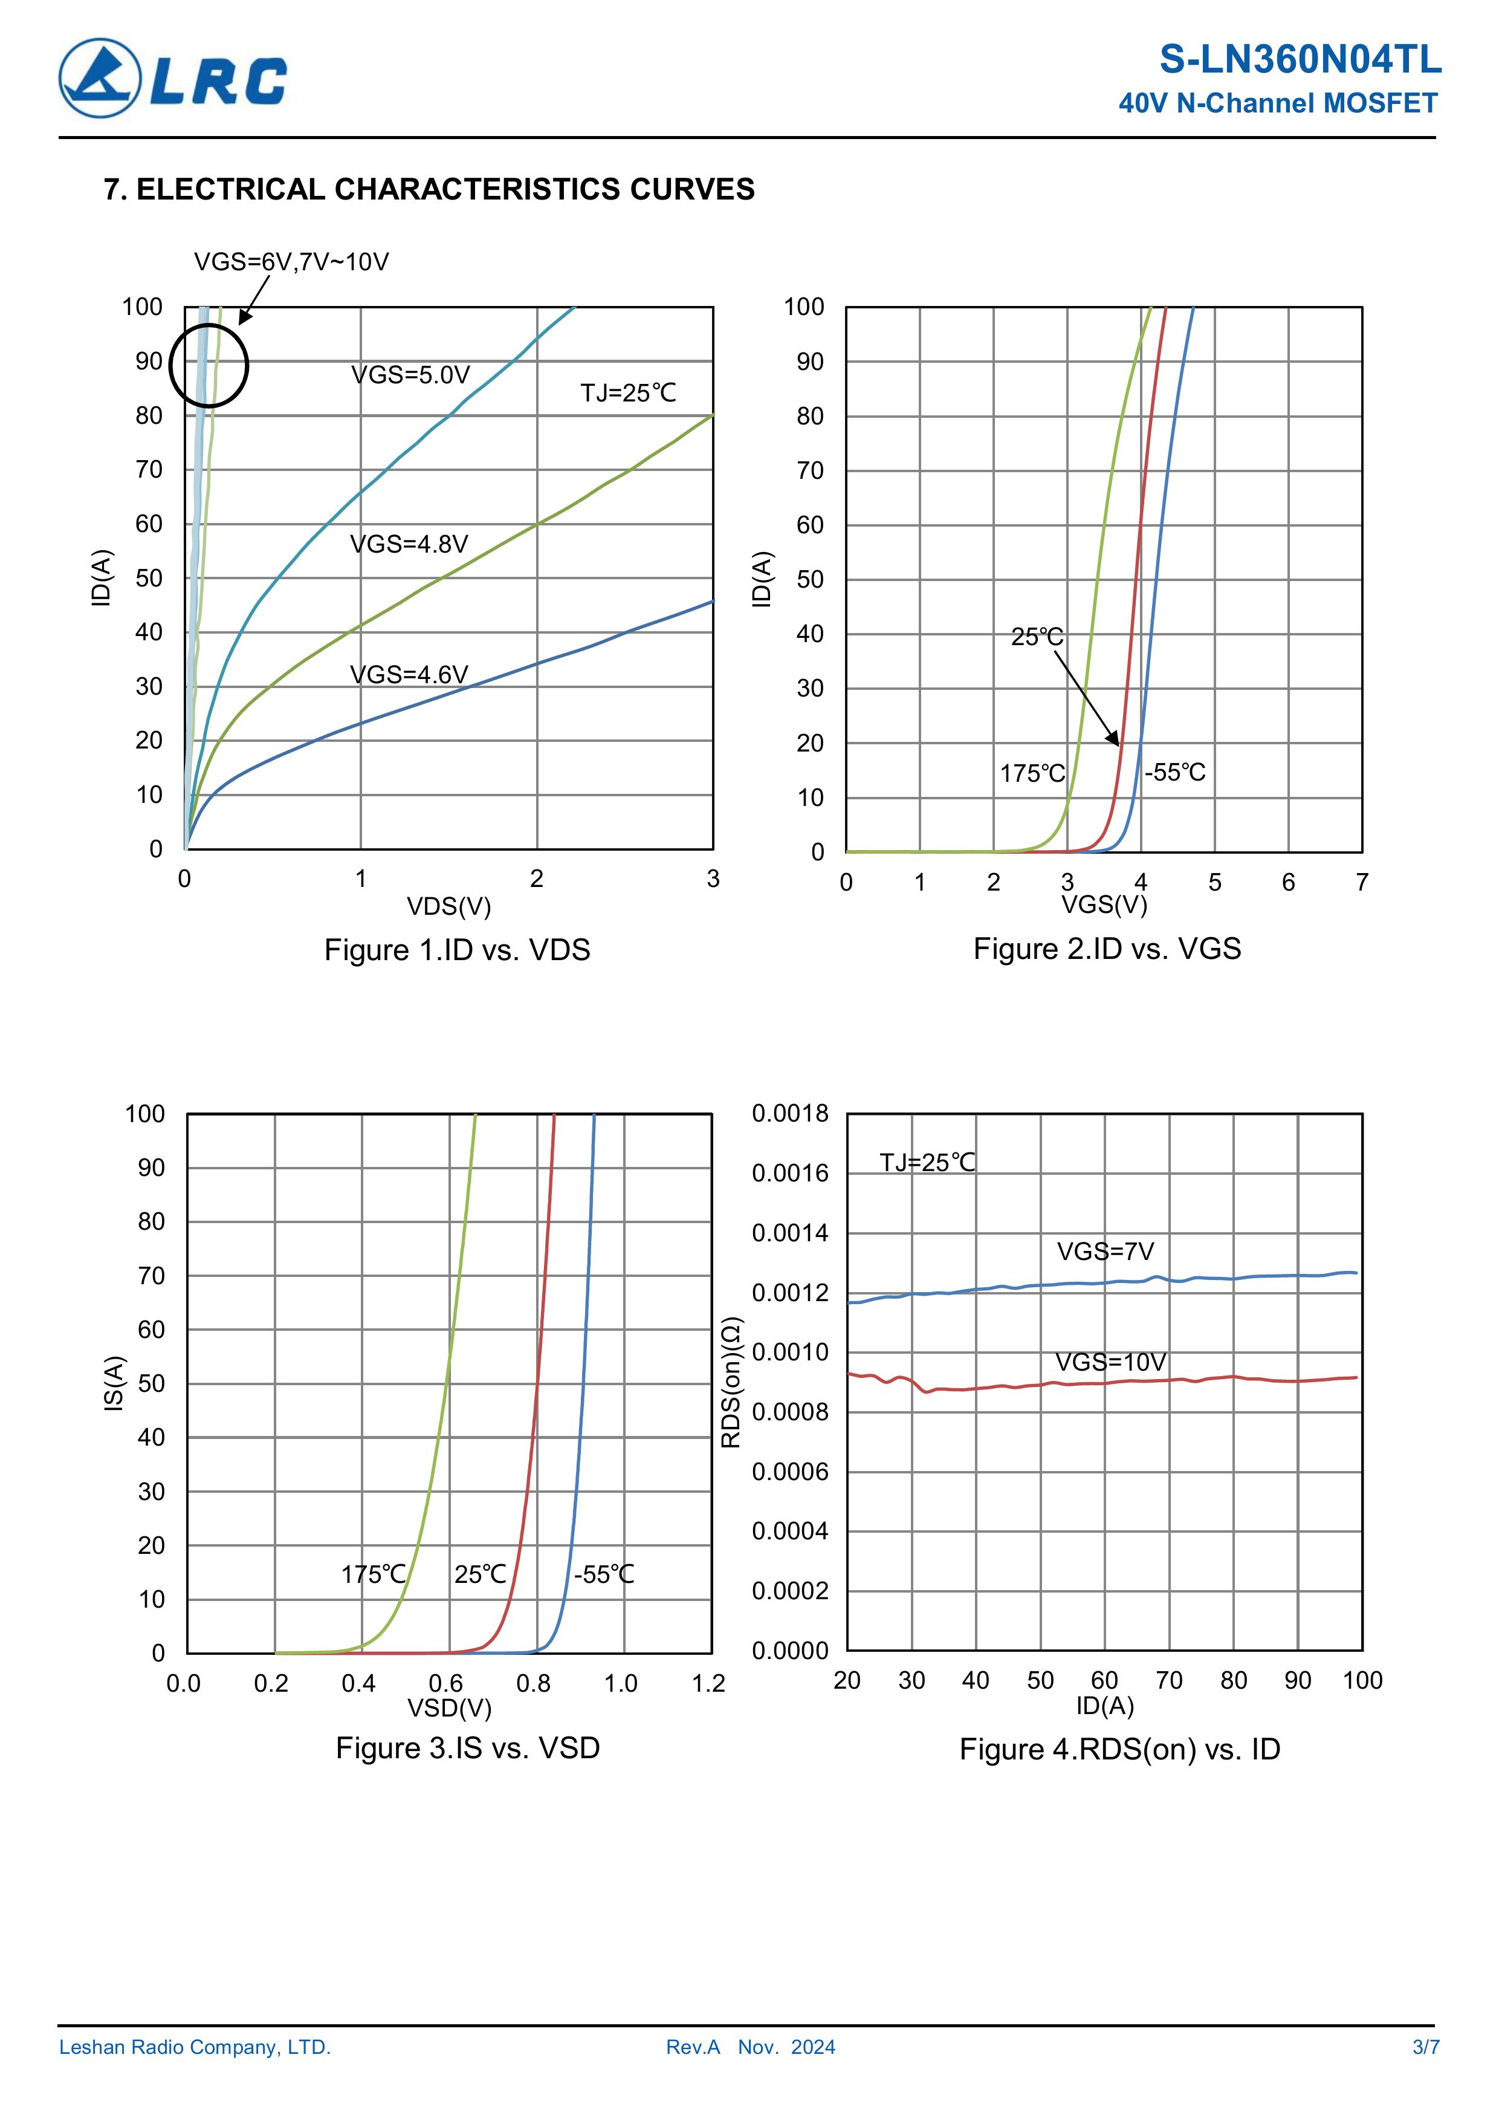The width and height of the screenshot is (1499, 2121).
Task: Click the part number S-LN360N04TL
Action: (x=1300, y=60)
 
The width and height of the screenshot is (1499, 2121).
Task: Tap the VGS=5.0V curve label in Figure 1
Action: (x=410, y=375)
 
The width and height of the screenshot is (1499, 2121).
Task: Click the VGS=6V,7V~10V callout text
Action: (x=291, y=262)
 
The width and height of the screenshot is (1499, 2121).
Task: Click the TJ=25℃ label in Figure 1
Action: (x=628, y=394)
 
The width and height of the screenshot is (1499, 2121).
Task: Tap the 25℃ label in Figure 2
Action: (x=1037, y=637)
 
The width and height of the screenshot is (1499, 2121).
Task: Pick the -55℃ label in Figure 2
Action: (x=1175, y=772)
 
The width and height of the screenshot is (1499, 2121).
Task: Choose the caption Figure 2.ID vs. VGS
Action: (x=1107, y=949)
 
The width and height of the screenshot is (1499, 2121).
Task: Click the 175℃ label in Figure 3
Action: (x=374, y=1574)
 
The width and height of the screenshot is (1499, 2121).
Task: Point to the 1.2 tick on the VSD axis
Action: (x=708, y=1683)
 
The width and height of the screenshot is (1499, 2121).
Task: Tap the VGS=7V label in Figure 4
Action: (x=1105, y=1252)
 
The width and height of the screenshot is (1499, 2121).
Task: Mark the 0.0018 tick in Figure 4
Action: (x=789, y=1114)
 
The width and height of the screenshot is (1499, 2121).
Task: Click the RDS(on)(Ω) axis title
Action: (x=731, y=1383)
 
